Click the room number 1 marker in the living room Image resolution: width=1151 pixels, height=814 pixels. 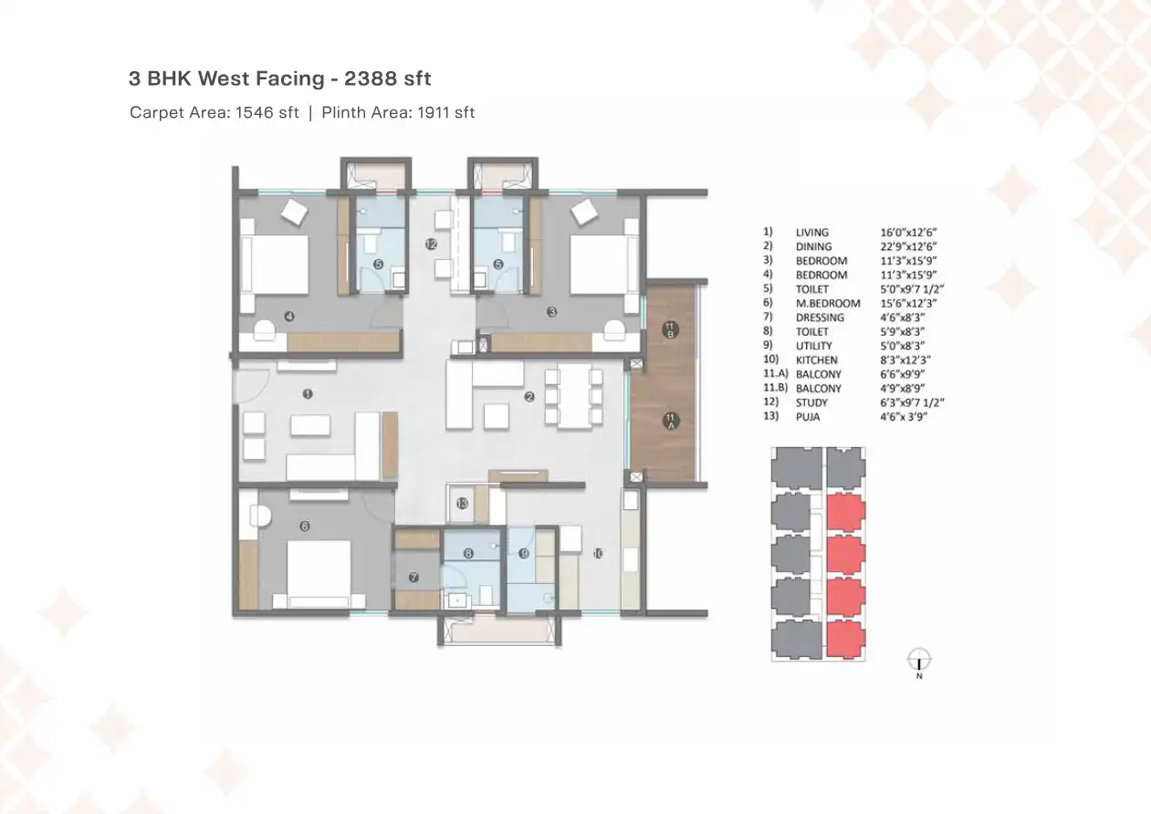(x=308, y=394)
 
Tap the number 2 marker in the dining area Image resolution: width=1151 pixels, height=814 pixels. (x=528, y=397)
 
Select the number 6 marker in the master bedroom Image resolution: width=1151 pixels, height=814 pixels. (x=305, y=526)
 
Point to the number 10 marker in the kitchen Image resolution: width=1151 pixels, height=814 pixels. (x=598, y=553)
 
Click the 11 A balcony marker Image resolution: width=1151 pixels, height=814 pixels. (x=670, y=422)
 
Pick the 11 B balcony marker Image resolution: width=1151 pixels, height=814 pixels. (x=669, y=330)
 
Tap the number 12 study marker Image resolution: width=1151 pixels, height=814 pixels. (x=431, y=244)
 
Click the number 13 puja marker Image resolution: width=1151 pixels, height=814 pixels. (x=463, y=504)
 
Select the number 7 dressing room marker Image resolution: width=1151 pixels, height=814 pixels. (x=413, y=578)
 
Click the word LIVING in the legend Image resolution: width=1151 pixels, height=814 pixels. (x=812, y=233)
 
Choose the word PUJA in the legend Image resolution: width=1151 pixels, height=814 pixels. (x=808, y=417)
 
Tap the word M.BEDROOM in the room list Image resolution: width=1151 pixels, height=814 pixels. (x=828, y=303)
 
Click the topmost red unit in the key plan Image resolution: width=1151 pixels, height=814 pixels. (x=846, y=511)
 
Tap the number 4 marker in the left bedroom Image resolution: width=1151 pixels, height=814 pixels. (x=288, y=317)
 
